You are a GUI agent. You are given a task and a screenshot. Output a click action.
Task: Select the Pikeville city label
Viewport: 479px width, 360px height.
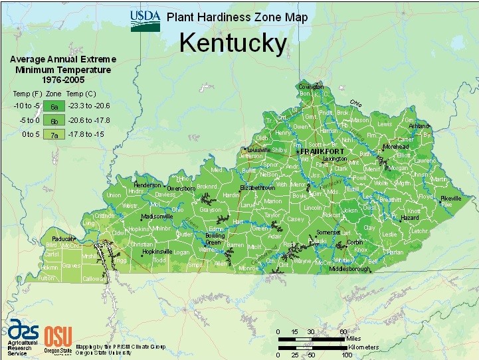(450, 199)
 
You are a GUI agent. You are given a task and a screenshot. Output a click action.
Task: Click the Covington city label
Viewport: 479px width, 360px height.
(310, 87)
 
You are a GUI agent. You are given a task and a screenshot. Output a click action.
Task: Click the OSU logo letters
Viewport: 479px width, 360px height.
(56, 334)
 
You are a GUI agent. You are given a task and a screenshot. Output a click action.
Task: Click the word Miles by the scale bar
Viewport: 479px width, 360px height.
(356, 338)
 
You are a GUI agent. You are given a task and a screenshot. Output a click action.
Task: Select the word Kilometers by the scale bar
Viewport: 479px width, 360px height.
(363, 347)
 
